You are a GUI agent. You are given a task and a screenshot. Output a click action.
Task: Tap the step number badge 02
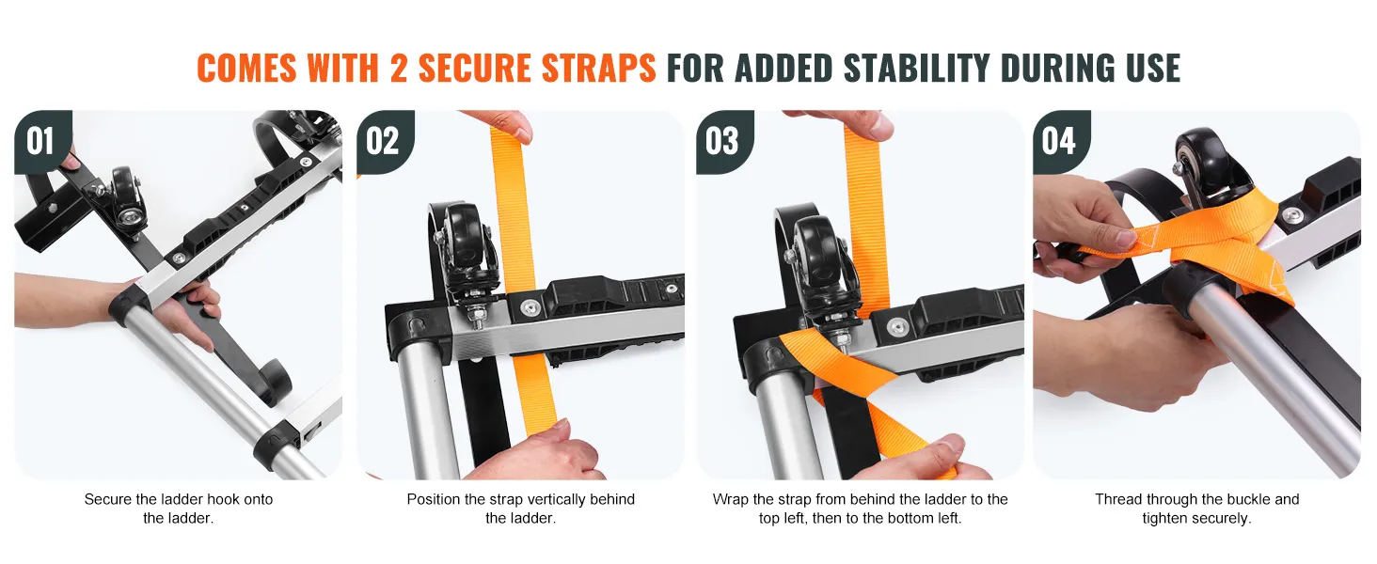click(385, 141)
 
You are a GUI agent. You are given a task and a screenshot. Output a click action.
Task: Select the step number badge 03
click(724, 141)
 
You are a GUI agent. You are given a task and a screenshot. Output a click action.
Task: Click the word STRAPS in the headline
click(598, 68)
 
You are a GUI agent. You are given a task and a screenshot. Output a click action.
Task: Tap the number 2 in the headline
click(399, 68)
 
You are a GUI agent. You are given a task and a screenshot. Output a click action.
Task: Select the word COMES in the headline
click(247, 68)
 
